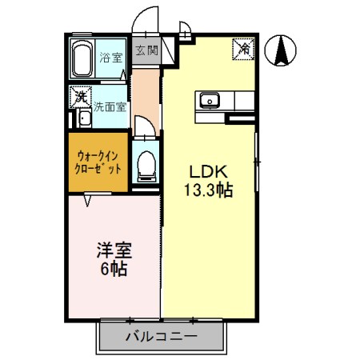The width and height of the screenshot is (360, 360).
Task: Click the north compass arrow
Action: [282, 51]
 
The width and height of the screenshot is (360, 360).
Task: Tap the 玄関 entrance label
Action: [146, 50]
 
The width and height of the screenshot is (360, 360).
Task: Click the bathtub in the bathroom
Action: [83, 58]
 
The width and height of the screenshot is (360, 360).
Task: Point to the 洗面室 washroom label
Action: [110, 106]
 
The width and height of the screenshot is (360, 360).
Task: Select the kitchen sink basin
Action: [210, 101]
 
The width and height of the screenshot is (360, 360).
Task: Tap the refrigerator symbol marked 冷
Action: [243, 48]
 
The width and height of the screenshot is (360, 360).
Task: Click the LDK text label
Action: [210, 173]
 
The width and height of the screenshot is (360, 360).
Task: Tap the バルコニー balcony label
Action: [161, 337]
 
